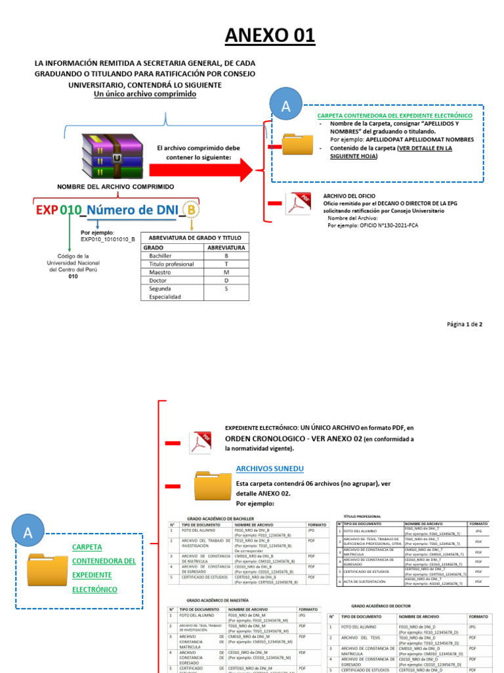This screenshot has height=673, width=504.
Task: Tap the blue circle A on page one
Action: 285,108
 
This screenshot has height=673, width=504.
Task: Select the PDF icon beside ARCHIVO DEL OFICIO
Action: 297,204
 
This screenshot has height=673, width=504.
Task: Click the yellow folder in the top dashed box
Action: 297,145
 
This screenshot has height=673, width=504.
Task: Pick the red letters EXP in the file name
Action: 47,210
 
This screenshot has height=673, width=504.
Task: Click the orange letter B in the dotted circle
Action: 190,210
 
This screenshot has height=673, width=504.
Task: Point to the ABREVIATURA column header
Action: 226,248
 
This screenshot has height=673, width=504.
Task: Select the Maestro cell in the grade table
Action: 160,271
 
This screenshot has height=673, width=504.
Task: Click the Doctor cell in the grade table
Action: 158,280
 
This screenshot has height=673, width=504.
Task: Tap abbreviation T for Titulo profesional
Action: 226,264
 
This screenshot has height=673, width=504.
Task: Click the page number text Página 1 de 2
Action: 465,324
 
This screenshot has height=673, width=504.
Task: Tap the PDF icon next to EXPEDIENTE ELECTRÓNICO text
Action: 199,442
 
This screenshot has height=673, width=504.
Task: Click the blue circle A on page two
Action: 28,533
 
